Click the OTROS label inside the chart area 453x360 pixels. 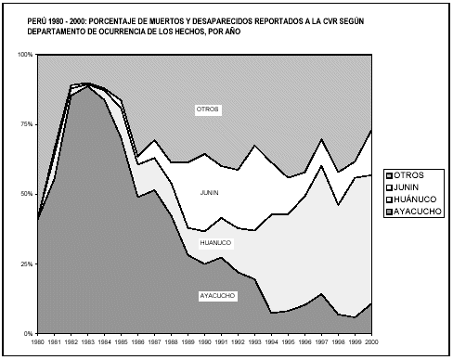pyautogui.click(x=206, y=109)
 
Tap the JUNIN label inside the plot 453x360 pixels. pyautogui.click(x=210, y=192)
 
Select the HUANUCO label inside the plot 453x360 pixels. pyautogui.click(x=214, y=243)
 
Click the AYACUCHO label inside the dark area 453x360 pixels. pyautogui.click(x=217, y=296)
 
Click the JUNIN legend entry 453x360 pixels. pyautogui.click(x=408, y=186)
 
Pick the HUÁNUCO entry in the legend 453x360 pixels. pyautogui.click(x=414, y=199)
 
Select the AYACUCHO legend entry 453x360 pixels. pyautogui.click(x=417, y=211)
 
